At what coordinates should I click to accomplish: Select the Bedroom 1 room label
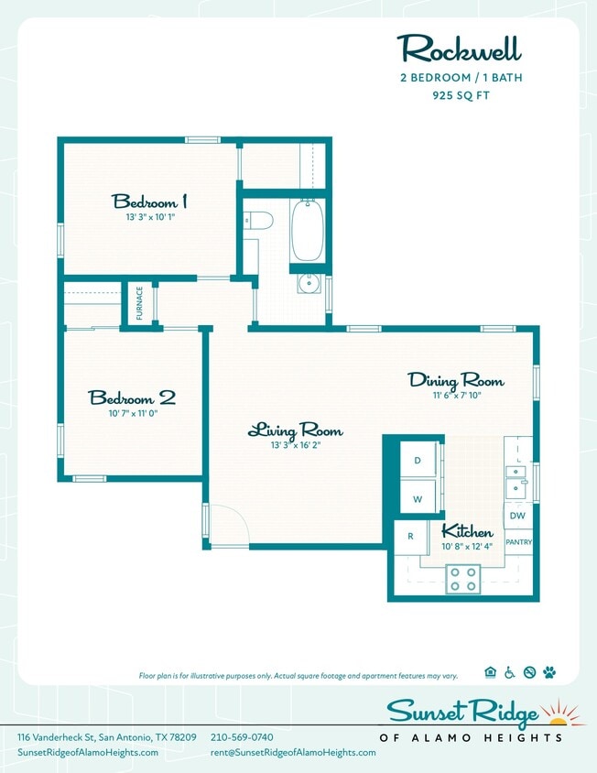[150, 201]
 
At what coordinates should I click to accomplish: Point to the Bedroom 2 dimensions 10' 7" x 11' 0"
[132, 413]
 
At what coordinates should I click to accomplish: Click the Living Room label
[295, 430]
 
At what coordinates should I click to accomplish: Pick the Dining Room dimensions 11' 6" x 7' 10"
[455, 396]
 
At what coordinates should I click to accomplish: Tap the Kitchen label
[467, 532]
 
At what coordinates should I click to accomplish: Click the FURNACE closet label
[140, 303]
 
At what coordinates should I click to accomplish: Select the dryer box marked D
[418, 461]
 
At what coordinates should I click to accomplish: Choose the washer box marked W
[418, 499]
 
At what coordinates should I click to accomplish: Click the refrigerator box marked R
[410, 537]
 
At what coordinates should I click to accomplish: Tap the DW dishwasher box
[517, 516]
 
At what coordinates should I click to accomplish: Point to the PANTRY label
[518, 542]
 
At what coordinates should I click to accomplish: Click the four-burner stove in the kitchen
[463, 579]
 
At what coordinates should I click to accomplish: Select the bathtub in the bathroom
[307, 232]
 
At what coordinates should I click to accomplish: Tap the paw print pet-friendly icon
[548, 672]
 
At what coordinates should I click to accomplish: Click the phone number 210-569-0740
[242, 737]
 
